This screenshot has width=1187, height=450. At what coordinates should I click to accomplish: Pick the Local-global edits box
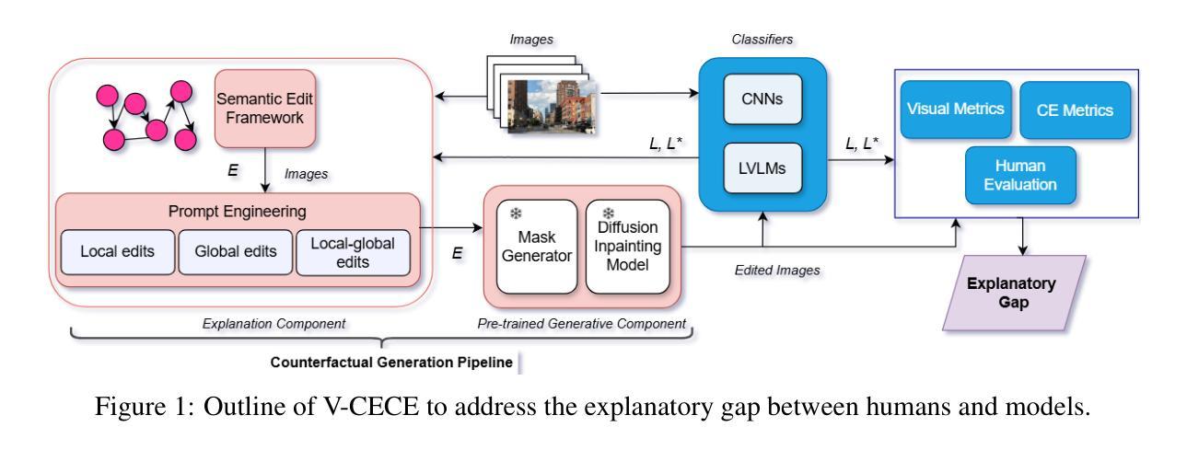tap(353, 252)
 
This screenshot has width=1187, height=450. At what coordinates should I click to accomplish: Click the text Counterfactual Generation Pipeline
tap(390, 363)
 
